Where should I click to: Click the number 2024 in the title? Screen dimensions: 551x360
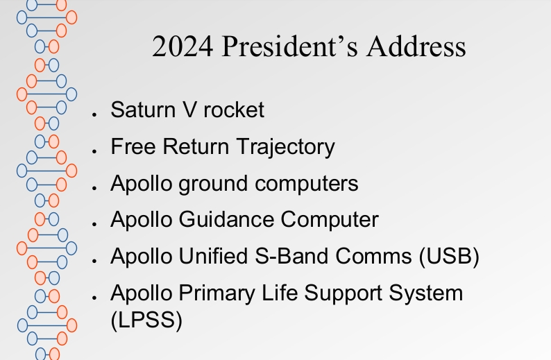(x=183, y=46)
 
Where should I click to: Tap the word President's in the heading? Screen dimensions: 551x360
(x=290, y=46)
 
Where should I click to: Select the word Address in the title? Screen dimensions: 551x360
(x=416, y=46)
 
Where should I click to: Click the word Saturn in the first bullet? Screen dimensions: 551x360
(x=143, y=110)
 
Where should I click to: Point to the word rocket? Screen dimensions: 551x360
(x=234, y=110)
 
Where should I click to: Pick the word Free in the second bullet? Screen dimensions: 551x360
(x=133, y=146)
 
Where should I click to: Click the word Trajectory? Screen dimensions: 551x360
(x=286, y=148)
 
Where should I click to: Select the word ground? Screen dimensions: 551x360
(x=213, y=184)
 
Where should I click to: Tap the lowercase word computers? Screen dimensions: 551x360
(x=307, y=184)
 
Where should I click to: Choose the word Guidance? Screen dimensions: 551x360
(x=226, y=219)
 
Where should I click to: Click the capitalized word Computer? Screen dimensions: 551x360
(x=330, y=220)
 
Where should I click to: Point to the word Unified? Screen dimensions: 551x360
(x=213, y=256)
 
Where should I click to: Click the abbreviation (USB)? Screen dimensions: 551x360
(x=449, y=257)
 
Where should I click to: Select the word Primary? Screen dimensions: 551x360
(x=217, y=293)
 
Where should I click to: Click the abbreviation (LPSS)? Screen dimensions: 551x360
(x=146, y=320)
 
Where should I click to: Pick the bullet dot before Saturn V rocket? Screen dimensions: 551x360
(x=94, y=114)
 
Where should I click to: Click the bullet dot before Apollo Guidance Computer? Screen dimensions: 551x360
(x=94, y=224)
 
